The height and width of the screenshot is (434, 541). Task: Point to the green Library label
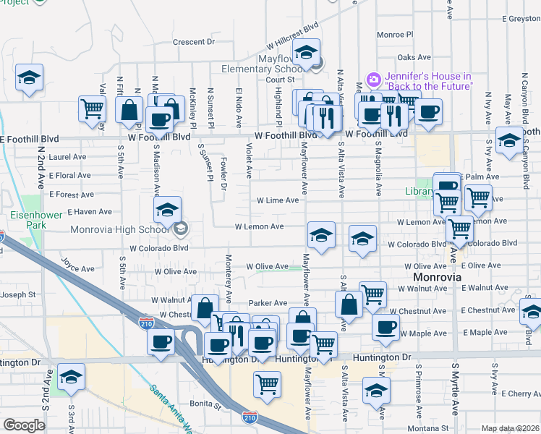click(x=417, y=192)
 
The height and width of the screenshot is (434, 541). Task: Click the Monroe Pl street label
click(x=394, y=34)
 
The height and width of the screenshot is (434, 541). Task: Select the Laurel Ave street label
click(x=68, y=156)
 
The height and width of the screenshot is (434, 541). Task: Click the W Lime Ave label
click(x=278, y=200)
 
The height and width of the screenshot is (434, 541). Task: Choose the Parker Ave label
click(x=268, y=303)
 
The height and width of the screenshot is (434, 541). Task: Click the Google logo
click(x=24, y=425)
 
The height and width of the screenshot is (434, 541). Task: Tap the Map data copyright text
click(x=510, y=428)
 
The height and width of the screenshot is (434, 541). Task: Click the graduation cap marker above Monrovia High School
click(x=168, y=210)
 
